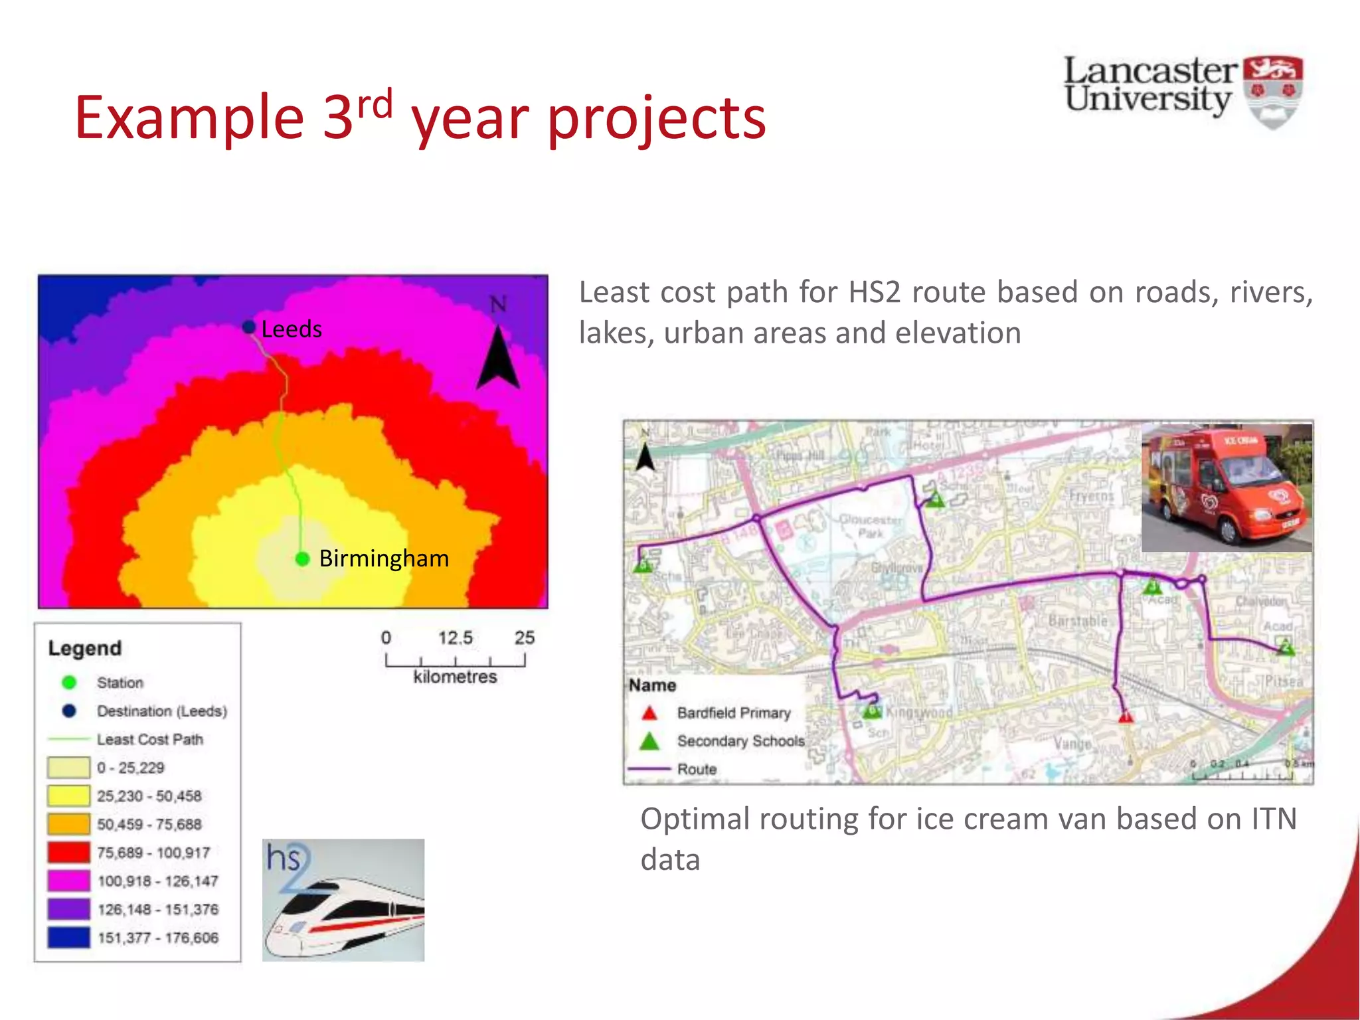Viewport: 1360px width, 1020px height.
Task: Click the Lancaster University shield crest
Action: [1272, 92]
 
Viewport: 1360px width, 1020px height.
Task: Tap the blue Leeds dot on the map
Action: [249, 327]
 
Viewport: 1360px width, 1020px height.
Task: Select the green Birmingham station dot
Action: [303, 559]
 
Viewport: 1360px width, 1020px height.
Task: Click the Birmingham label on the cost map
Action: [384, 558]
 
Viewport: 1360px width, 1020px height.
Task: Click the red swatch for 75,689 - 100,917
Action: [68, 852]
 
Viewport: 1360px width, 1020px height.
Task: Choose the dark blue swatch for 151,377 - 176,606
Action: [68, 937]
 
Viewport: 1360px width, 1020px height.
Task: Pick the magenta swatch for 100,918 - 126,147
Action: [68, 881]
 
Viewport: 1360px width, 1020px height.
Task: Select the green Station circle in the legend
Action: [69, 682]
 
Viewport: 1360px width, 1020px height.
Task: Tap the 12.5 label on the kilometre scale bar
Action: [455, 638]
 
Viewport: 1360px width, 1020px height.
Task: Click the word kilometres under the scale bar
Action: [455, 677]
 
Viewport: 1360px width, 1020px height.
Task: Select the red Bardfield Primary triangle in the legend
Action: [649, 713]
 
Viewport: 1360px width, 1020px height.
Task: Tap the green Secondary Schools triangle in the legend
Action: [649, 741]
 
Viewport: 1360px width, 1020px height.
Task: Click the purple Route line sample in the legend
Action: [649, 769]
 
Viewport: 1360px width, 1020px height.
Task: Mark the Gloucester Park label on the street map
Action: [870, 526]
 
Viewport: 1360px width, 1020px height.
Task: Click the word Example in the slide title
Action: [189, 118]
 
